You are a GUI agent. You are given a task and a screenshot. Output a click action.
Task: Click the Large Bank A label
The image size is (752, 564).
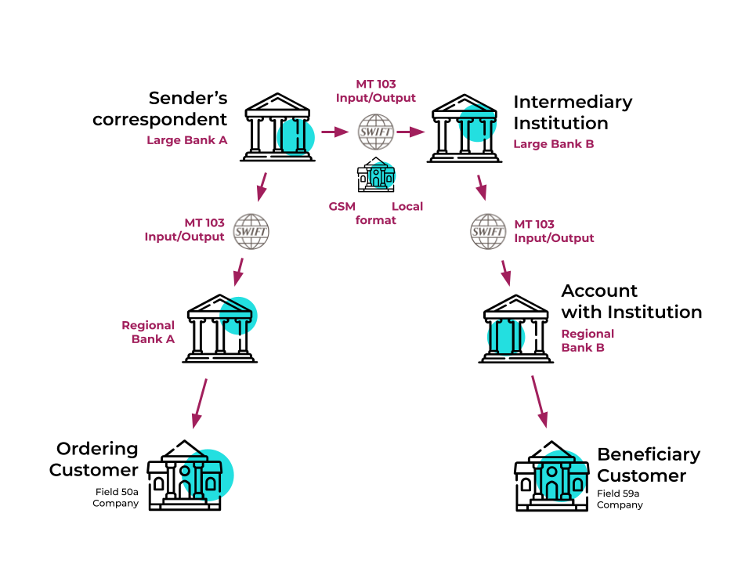click(x=187, y=140)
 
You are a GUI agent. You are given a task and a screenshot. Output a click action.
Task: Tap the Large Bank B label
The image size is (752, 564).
click(x=553, y=144)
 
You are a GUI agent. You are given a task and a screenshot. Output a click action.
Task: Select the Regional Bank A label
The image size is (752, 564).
click(x=149, y=332)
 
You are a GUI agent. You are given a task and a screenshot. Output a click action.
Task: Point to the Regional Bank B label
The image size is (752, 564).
click(x=587, y=341)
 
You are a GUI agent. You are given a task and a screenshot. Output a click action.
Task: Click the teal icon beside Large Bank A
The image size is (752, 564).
click(x=296, y=137)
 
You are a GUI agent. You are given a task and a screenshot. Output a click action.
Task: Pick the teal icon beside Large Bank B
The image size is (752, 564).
click(x=478, y=123)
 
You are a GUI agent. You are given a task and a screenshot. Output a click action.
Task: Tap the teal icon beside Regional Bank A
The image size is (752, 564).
click(x=238, y=316)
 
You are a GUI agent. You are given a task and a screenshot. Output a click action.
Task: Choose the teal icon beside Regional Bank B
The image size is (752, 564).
click(x=506, y=337)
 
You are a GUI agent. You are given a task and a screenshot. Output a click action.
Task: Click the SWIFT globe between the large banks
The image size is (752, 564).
click(x=376, y=132)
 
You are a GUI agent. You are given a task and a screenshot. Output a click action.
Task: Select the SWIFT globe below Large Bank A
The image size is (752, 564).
click(x=251, y=232)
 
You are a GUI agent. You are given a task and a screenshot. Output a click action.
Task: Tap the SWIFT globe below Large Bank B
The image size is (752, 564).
click(x=488, y=232)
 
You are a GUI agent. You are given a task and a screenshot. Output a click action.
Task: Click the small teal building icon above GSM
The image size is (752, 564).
click(x=382, y=175)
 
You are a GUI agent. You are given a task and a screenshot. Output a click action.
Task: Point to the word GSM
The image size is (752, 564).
click(x=342, y=207)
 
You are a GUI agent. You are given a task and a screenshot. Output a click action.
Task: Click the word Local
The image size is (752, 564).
click(x=407, y=207)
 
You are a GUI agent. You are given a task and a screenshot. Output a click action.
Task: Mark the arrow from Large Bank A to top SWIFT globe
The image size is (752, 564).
click(x=335, y=132)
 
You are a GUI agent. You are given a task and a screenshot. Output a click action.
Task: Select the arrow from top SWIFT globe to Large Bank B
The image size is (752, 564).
click(x=410, y=132)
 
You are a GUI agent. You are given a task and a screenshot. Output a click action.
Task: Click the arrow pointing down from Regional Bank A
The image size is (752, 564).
click(x=200, y=403)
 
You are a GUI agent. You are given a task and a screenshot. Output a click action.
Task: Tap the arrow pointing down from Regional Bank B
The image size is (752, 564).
click(x=539, y=401)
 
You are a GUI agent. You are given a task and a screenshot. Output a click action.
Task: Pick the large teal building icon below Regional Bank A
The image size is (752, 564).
click(x=208, y=475)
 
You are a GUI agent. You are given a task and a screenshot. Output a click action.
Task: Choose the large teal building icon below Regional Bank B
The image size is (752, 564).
click(x=562, y=475)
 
